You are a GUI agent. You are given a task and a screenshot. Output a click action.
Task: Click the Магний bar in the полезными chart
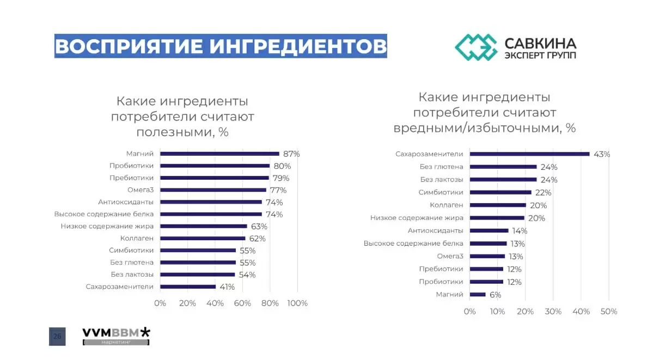[219, 154]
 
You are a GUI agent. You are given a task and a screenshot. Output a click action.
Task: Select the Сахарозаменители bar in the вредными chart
[529, 154]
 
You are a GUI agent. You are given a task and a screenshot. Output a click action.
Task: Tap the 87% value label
[291, 154]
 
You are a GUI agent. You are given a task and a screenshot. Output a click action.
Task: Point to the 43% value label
[602, 154]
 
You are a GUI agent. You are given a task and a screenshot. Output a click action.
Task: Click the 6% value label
[495, 295]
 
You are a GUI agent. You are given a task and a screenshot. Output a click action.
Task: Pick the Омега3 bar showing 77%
[213, 190]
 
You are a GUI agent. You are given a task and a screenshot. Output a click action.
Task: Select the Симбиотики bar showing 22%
[500, 192]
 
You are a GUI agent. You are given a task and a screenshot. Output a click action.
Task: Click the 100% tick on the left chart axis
[297, 303]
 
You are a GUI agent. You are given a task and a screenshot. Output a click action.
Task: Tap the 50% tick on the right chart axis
[608, 312]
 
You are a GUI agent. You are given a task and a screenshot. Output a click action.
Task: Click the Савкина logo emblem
[476, 47]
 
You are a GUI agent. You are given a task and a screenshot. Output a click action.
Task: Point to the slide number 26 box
[57, 337]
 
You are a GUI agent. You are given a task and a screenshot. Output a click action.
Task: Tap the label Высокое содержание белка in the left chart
[104, 214]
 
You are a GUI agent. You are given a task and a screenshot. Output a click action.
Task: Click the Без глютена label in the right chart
[441, 167]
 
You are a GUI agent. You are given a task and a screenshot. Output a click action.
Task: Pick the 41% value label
[227, 287]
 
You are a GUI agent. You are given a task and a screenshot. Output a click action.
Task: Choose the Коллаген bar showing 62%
[203, 238]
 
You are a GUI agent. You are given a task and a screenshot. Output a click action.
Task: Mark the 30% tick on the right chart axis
[553, 312]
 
